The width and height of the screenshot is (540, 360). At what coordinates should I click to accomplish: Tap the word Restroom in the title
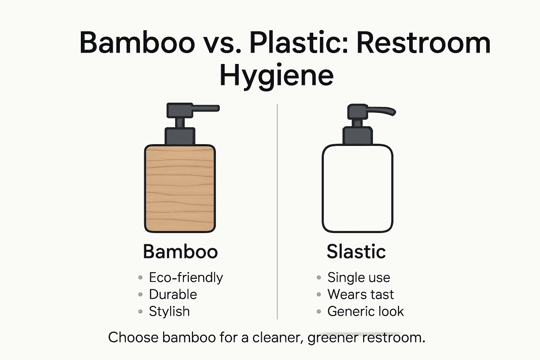click(423, 43)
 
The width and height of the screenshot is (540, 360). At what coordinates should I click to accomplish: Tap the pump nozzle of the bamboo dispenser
click(206, 108)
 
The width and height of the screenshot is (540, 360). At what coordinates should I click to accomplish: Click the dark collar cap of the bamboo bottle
click(180, 136)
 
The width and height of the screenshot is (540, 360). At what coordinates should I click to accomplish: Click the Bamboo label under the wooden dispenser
click(180, 252)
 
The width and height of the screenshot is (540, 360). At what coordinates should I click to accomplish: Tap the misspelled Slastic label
click(356, 252)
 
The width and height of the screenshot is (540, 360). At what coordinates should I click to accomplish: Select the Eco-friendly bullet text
click(186, 277)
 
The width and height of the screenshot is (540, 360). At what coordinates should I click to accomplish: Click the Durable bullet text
click(173, 294)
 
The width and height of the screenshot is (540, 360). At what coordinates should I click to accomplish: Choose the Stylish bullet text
click(169, 311)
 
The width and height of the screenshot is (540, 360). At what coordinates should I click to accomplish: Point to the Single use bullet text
click(359, 277)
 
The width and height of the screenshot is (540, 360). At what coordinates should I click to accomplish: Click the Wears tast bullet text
click(360, 294)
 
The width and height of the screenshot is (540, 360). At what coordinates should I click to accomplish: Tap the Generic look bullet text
click(366, 311)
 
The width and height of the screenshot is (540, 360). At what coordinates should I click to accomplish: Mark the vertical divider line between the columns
click(277, 211)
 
